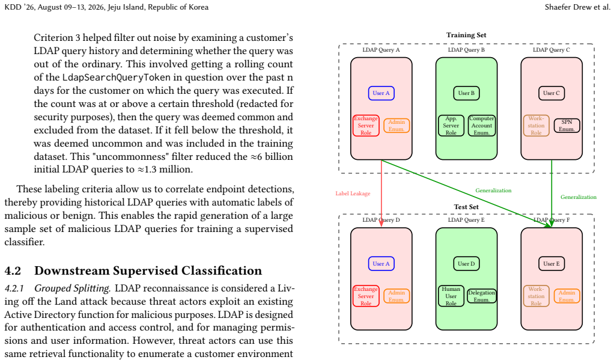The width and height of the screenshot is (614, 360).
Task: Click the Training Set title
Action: point(466,35)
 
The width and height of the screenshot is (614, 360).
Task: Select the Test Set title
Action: point(466,207)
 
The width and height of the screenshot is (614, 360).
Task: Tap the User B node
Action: point(466,93)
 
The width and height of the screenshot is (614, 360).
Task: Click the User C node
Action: point(552,93)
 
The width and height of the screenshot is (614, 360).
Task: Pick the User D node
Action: point(466,264)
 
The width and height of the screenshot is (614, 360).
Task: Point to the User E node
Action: point(552,264)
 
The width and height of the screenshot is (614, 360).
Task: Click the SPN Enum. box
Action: point(567,126)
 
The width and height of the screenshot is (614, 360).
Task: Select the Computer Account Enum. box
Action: point(482,126)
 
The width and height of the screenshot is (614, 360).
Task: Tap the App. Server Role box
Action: point(451,126)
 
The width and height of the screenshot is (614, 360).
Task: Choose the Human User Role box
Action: point(451,296)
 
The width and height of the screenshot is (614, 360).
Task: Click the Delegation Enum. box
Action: point(482,296)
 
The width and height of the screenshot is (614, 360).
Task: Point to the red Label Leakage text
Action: point(353,194)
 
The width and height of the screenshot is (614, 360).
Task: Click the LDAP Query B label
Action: point(466,50)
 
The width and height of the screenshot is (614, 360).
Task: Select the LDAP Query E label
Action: point(466,220)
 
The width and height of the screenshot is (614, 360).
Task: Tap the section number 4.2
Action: point(13,270)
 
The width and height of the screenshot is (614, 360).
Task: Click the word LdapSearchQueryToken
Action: point(117,77)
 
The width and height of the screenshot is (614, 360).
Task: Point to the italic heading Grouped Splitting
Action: point(72,288)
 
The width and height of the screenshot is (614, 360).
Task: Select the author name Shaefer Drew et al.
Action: point(577,7)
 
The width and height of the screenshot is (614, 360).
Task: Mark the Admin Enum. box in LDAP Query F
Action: point(567,296)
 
